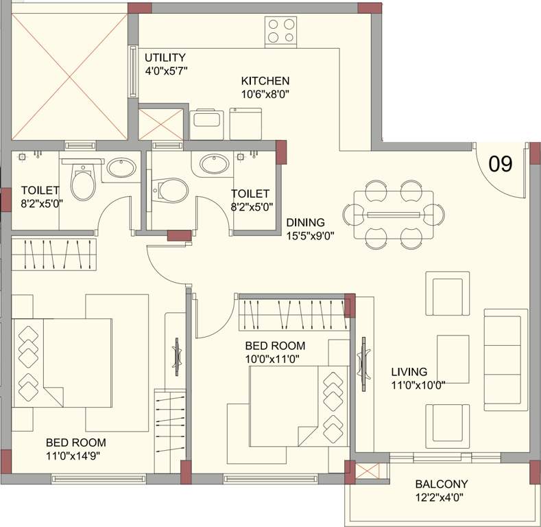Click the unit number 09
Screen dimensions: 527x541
click(501, 164)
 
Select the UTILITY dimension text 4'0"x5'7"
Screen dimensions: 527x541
click(166, 70)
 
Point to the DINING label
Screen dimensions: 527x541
click(305, 222)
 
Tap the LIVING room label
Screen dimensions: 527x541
click(409, 372)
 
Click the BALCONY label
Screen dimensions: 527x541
click(442, 484)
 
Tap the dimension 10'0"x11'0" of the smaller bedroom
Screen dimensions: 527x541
click(272, 358)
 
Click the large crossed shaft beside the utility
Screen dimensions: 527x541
click(69, 73)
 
